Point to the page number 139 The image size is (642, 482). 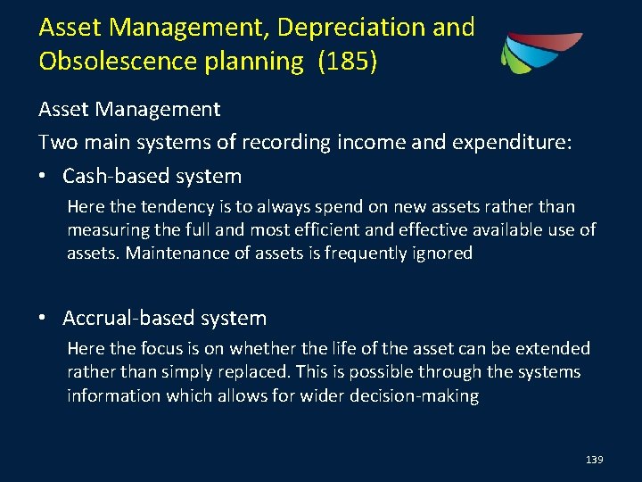point(595,460)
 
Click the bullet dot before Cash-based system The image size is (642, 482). point(45,177)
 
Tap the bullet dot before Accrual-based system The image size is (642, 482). point(45,319)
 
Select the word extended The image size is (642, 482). point(553,348)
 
